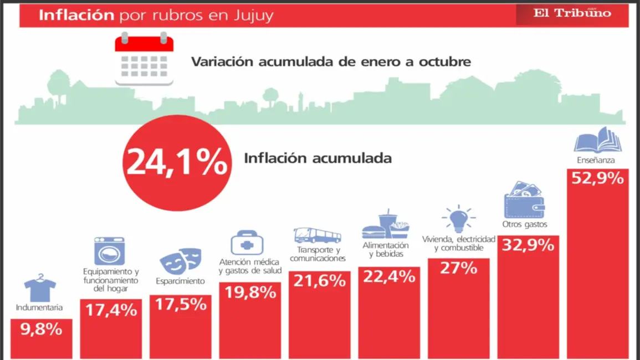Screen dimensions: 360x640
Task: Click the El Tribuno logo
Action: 572,14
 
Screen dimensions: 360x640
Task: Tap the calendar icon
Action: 144,59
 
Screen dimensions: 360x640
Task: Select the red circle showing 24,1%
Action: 176,163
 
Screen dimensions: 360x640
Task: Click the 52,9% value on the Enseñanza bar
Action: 597,178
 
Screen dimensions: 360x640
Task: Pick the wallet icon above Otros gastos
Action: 524,200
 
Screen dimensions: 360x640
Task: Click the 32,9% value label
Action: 528,245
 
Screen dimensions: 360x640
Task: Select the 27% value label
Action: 458,268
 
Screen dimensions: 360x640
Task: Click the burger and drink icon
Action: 386,224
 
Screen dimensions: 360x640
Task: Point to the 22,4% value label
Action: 389,276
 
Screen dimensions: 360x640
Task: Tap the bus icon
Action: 317,235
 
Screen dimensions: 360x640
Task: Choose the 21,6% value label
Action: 319,281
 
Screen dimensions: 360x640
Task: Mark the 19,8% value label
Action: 250,292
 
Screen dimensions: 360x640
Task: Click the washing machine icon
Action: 109,251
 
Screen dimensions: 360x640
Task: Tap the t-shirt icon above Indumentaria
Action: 40,287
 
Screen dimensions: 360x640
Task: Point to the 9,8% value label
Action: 41,330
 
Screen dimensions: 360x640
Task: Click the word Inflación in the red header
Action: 76,15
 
